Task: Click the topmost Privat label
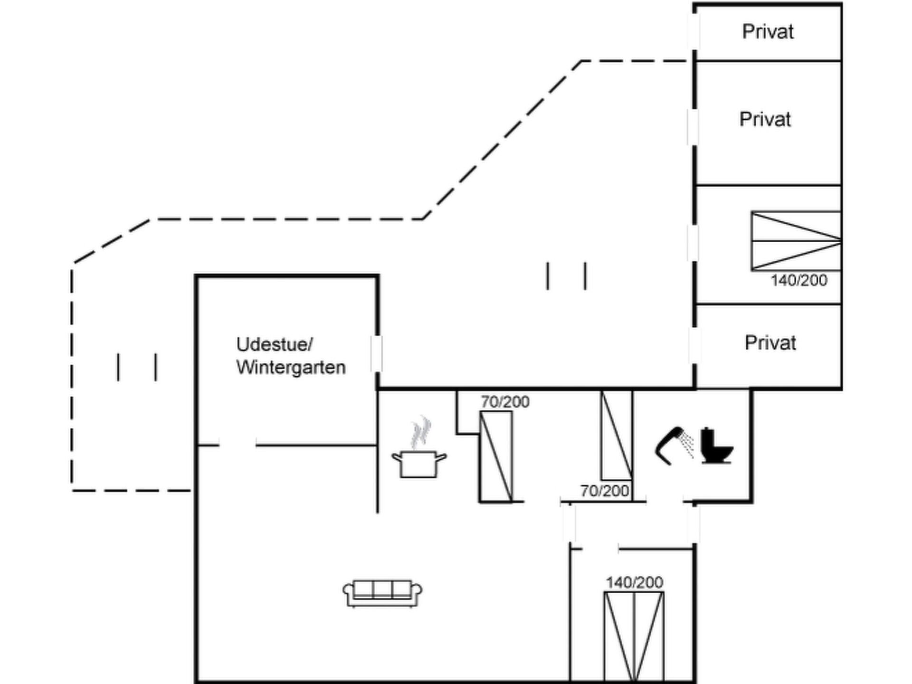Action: pos(768,32)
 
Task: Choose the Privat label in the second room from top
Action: pos(765,119)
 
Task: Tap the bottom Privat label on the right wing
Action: pos(770,342)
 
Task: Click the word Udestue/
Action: pos(275,344)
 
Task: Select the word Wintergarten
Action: pos(291,367)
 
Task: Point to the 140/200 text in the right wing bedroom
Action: pos(798,280)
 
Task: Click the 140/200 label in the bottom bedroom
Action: pos(634,582)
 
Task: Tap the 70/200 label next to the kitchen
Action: pos(505,402)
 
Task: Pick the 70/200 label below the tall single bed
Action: pos(605,491)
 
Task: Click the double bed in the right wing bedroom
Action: pos(796,241)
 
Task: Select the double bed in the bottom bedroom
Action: pos(634,636)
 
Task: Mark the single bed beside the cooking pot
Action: pos(496,456)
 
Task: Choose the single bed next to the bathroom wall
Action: pos(617,435)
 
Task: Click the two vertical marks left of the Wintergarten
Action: pos(137,367)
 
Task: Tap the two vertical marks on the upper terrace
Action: pos(566,275)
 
